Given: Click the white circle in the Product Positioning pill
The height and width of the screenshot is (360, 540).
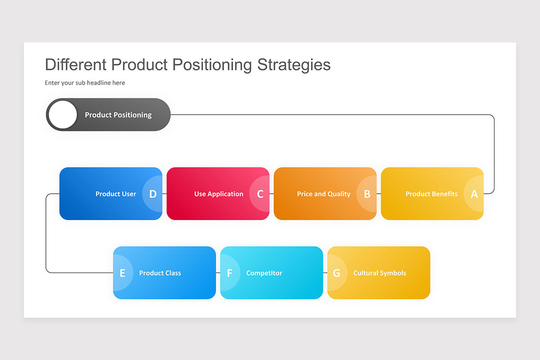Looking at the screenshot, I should point(63,115).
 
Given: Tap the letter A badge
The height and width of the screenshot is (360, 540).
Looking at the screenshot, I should point(474,194).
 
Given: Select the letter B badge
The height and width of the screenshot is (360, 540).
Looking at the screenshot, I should point(367,194).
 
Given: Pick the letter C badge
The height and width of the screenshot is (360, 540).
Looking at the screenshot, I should point(260,194).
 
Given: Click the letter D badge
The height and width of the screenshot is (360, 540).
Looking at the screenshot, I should point(153,194).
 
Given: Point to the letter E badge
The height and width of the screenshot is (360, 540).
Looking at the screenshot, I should point(122,273).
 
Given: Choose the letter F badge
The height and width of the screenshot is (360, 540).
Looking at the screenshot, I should point(229,273).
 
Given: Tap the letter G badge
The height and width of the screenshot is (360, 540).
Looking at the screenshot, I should point(337,273).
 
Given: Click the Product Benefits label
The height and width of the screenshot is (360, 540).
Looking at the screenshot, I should point(431,194).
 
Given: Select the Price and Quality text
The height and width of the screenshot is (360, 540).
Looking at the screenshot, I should point(324,194).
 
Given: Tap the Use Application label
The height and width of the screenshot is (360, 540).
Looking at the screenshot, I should point(219,194).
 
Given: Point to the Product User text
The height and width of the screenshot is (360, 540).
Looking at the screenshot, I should point(116,194).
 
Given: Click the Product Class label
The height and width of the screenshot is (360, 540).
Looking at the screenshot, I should point(160,273).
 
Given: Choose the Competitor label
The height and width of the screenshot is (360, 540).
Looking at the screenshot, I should point(264,273).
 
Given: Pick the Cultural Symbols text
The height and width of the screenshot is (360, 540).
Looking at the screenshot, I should point(379,273).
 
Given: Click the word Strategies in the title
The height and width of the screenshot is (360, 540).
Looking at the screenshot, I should point(294,65).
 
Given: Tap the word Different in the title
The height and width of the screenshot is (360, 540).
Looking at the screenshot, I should point(76,65).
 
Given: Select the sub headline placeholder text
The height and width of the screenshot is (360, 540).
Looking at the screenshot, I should point(85,83).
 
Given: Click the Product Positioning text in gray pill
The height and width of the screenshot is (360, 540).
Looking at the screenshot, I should point(118,115).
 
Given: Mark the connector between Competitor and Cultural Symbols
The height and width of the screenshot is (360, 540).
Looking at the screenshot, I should point(325,273).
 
